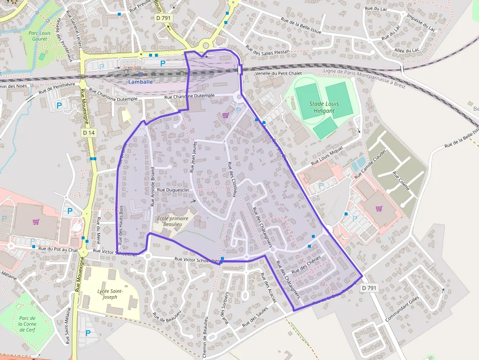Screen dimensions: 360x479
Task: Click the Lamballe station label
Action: (x=140, y=82)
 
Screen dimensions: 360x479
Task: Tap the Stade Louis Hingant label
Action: (x=324, y=107)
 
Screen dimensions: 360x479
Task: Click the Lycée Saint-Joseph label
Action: (x=110, y=294)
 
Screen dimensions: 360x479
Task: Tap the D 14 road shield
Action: (x=88, y=132)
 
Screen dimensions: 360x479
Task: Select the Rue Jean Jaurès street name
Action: (x=193, y=157)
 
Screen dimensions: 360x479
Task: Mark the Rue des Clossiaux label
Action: (x=232, y=179)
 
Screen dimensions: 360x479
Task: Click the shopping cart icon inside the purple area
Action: (x=225, y=115)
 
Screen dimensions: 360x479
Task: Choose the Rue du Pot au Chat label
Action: (x=58, y=250)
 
